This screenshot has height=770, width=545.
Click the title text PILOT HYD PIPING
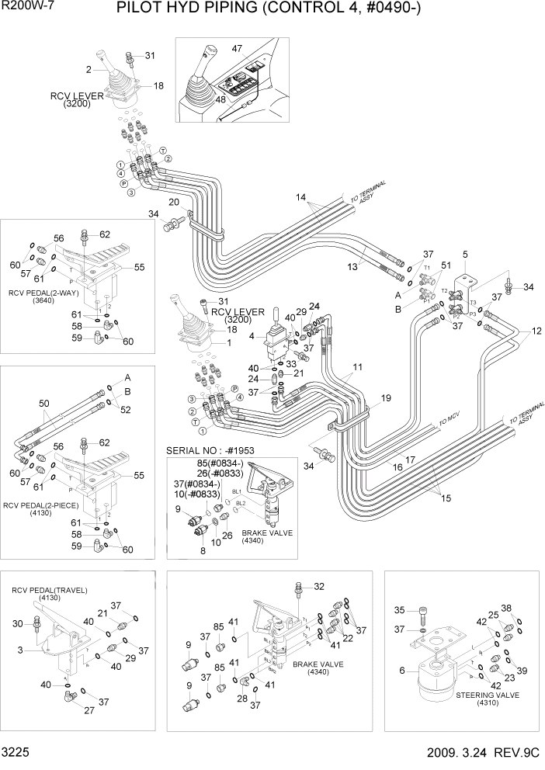203,9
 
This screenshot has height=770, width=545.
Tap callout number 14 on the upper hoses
300,197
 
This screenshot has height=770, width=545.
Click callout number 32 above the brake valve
319,586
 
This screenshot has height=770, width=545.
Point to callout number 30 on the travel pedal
17,623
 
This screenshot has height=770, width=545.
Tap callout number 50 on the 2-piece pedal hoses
43,403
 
